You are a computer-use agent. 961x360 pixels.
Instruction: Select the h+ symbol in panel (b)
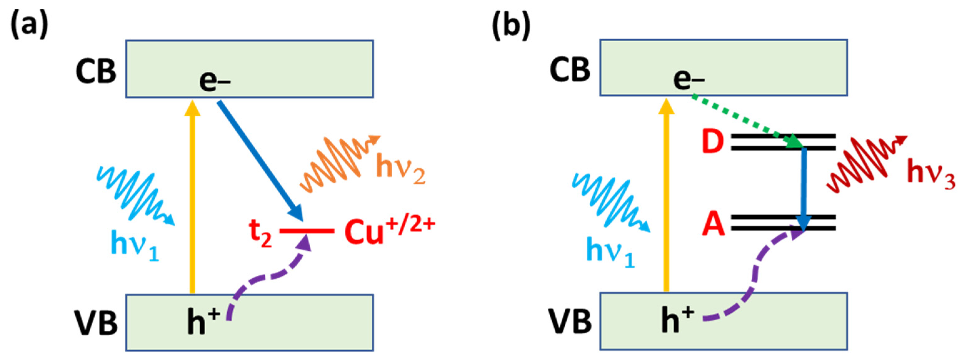[x=677, y=320]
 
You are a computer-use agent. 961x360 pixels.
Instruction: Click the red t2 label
[x=260, y=235]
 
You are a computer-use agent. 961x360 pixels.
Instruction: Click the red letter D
[x=712, y=142]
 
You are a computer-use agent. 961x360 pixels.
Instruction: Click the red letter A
[x=713, y=225]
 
